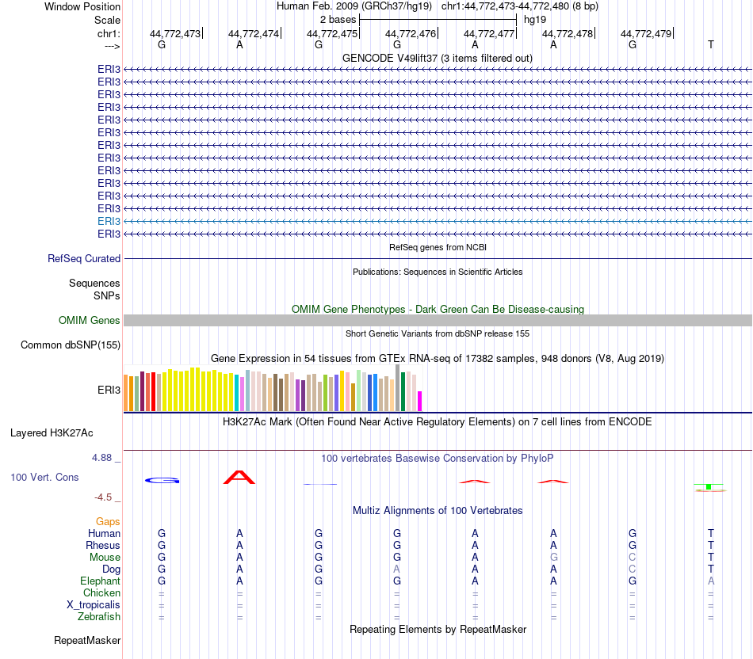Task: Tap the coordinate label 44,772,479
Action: point(646,33)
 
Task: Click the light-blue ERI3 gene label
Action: point(109,221)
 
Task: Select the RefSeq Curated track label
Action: point(84,258)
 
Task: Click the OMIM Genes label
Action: point(90,320)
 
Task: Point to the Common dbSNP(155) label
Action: point(71,345)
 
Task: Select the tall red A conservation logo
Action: point(239,477)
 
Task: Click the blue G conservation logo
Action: point(162,480)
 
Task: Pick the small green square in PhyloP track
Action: point(709,486)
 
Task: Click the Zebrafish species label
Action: point(99,616)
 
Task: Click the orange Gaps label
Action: point(108,521)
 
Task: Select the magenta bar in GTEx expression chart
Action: point(420,401)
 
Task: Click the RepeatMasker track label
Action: point(87,640)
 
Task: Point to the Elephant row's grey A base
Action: point(711,581)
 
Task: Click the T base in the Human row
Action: point(711,533)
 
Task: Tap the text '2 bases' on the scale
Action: point(338,18)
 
